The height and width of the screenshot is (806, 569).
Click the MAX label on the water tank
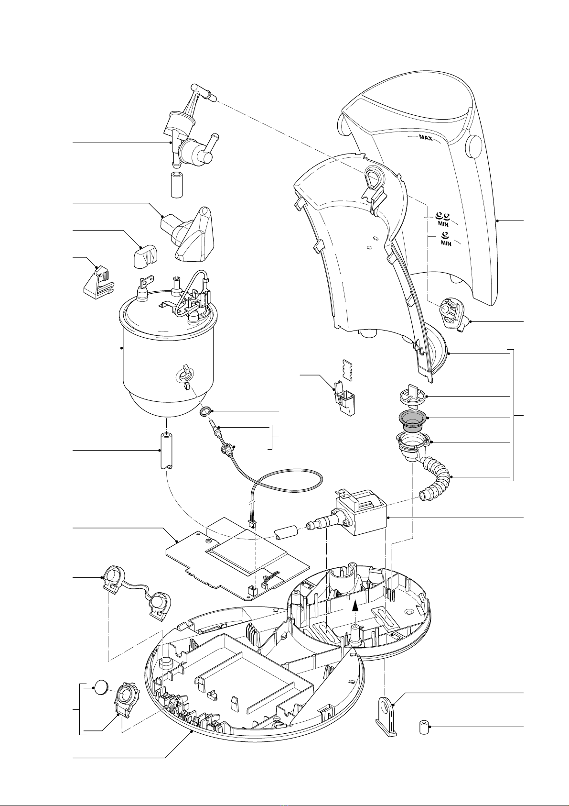[426, 138]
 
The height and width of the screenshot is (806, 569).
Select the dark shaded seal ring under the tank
[412, 420]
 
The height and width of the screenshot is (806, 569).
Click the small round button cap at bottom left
[101, 688]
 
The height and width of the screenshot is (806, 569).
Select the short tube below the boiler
[166, 452]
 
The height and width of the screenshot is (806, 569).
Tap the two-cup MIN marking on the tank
[443, 219]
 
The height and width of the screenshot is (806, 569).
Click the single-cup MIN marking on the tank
[446, 239]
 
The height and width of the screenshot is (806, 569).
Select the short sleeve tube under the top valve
[176, 185]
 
